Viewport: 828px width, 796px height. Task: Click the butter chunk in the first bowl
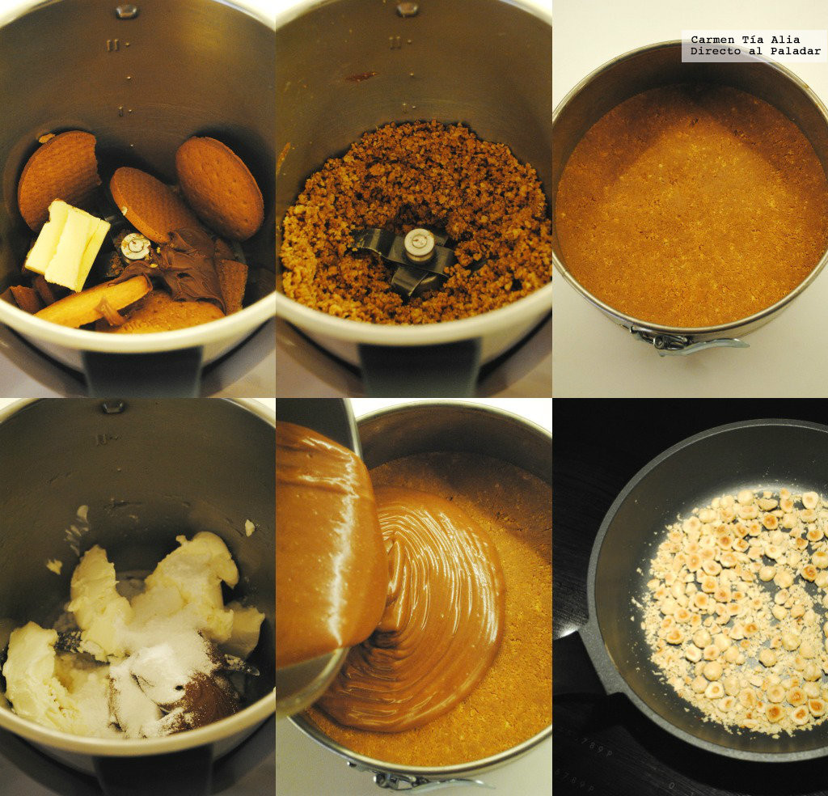click(x=67, y=245)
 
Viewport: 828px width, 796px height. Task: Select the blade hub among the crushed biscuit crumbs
click(x=419, y=245)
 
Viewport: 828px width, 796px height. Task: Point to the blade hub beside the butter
click(x=135, y=246)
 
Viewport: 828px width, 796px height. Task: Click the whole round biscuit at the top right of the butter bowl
click(x=219, y=187)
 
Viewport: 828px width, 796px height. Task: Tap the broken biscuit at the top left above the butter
click(x=58, y=176)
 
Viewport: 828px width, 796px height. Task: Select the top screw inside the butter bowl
click(x=126, y=11)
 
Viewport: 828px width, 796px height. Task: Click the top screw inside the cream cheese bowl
click(x=113, y=406)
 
